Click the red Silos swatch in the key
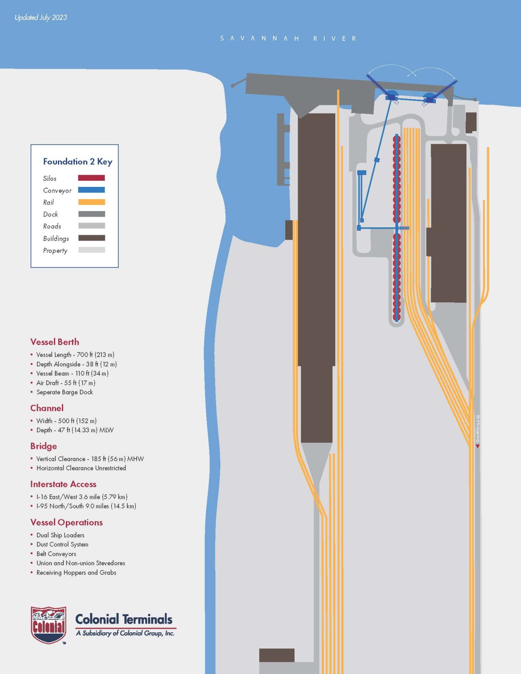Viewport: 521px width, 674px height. point(91,178)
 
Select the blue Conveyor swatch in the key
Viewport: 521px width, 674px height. point(91,190)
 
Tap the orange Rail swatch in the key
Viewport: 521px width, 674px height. point(91,202)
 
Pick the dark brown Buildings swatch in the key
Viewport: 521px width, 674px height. point(91,238)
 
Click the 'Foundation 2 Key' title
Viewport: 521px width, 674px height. point(78,161)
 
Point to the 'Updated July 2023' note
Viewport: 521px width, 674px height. point(41,18)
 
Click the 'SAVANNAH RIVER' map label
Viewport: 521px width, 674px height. point(288,39)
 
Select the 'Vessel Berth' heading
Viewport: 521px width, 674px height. point(55,342)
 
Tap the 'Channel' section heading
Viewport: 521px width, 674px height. point(47,408)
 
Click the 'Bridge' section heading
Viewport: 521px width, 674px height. point(43,446)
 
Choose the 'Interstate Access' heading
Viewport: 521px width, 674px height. point(63,484)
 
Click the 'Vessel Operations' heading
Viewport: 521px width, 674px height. point(66,522)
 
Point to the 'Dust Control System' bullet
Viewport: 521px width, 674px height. point(62,545)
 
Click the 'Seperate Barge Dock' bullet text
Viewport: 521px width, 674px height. point(65,392)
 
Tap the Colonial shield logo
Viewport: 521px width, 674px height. point(48,625)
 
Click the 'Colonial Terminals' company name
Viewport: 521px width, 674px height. point(124,619)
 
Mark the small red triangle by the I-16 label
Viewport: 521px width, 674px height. point(478,446)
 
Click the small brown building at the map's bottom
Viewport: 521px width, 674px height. point(277,655)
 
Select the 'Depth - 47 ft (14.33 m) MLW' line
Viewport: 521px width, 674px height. point(75,430)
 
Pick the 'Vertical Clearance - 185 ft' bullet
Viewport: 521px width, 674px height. point(90,459)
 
